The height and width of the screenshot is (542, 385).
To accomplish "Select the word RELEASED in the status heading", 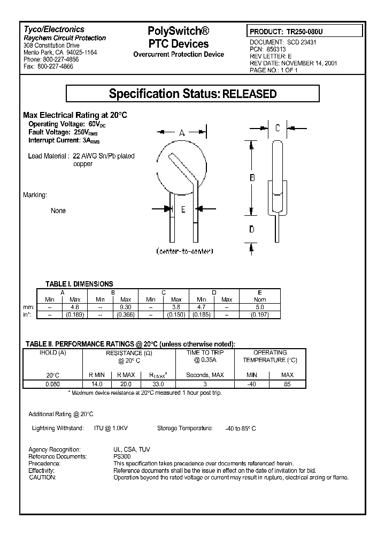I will point(249,94).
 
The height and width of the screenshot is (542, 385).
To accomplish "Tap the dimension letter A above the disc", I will point(182,132).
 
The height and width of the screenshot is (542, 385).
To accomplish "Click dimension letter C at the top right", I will point(278,128).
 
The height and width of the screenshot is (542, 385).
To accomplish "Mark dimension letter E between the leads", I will point(183,209).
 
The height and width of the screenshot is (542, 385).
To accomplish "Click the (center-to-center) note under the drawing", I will point(184,251).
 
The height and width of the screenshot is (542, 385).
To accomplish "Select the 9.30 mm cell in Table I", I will point(125,307).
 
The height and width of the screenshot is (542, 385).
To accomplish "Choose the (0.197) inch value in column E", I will point(259,315).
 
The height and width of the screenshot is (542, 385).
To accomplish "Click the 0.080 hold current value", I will point(52,384).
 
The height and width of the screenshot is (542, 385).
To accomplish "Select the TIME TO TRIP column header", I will point(205,353).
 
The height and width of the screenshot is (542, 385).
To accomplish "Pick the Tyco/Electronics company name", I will point(54,30).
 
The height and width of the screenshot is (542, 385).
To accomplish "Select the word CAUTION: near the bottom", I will point(42,477).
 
